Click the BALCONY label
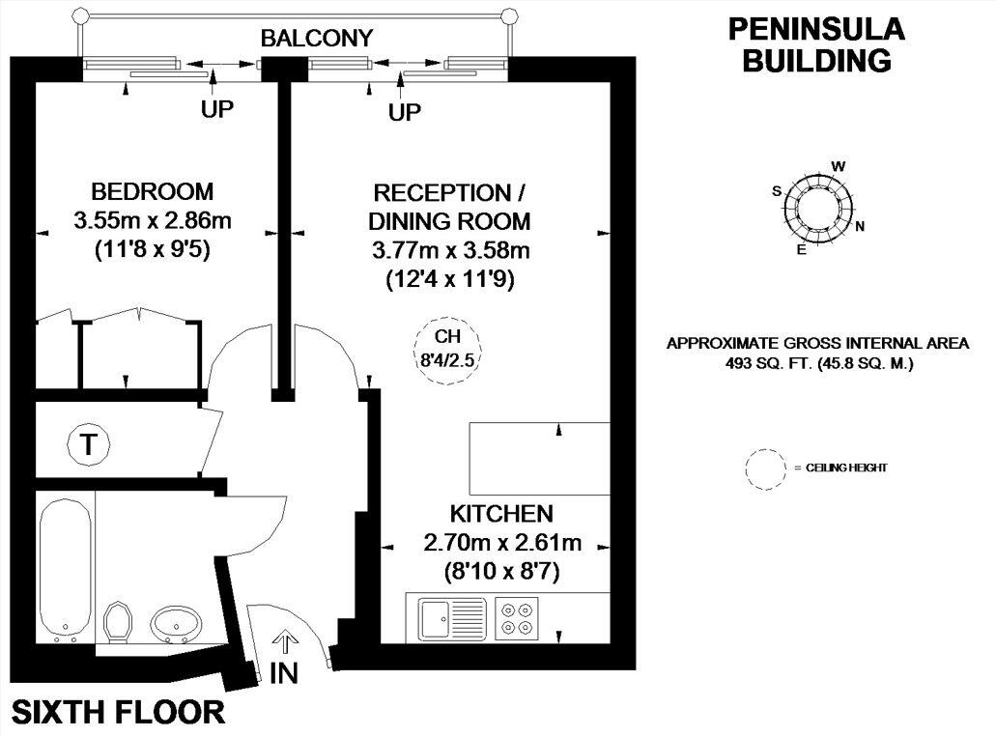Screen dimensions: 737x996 coord(316,39)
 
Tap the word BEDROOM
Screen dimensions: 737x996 coord(152,191)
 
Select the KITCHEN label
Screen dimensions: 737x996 coord(500,513)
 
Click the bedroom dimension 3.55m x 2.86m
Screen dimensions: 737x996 coord(152,221)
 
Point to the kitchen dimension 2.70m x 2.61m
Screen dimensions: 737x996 coord(500,542)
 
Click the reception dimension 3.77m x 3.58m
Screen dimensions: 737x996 coord(451,250)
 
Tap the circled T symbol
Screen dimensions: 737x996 coord(89,445)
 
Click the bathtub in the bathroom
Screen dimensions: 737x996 coord(66,569)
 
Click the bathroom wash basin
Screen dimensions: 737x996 coord(177,623)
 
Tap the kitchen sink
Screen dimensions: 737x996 coord(452,618)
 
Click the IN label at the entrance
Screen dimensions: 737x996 coord(284,673)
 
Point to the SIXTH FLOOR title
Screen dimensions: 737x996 coord(118,713)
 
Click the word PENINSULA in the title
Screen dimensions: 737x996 coord(815,29)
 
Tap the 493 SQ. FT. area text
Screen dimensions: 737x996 coord(817,364)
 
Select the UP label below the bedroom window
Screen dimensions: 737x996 coord(217,109)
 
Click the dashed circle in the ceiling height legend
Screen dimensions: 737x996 coord(766,468)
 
